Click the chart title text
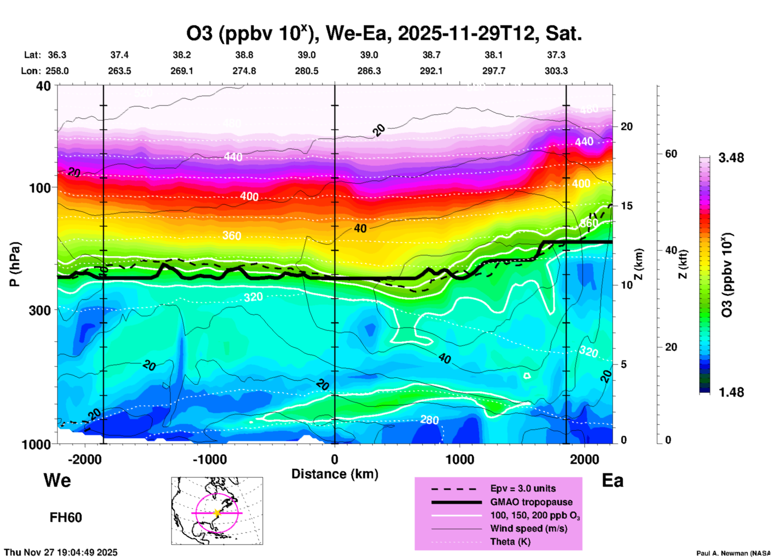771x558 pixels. (383, 34)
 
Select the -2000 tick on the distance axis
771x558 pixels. (84, 460)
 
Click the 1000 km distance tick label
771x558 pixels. (460, 460)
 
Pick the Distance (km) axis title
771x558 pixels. (335, 474)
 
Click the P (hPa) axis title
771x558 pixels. (15, 264)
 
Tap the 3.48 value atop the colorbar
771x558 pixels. (731, 158)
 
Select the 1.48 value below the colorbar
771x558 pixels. (731, 392)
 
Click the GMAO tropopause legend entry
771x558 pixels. (531, 502)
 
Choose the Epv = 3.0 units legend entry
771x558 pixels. (523, 489)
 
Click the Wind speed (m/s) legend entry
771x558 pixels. (528, 529)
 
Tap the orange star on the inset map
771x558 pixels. (217, 513)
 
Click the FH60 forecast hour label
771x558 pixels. (66, 518)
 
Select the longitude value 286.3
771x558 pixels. (369, 71)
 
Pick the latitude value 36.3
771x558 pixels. (57, 55)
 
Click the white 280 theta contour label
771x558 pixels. (430, 420)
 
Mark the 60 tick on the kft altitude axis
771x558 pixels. (671, 154)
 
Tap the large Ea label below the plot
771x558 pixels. (612, 481)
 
